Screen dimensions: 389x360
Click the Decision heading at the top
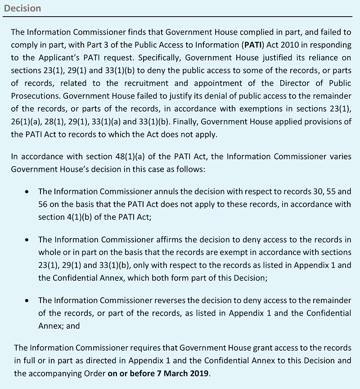22,8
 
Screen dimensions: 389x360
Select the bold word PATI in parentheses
251,44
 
